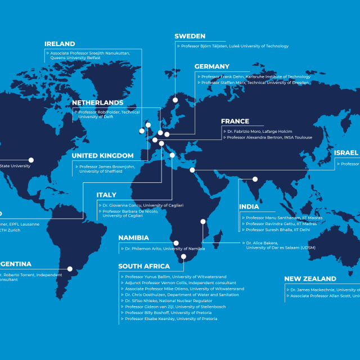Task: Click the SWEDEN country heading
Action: point(190,37)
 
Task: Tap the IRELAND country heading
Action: point(60,44)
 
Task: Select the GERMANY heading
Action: point(212,67)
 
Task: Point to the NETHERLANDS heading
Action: point(97,103)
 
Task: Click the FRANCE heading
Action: point(235,121)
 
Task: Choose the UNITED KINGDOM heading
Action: point(102,156)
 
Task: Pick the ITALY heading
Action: point(106,195)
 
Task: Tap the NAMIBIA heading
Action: point(133,238)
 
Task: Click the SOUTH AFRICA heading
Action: point(143,267)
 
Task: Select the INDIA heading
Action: point(249,207)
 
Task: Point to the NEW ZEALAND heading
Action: point(310,279)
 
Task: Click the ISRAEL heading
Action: point(346,153)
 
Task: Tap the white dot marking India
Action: point(255,179)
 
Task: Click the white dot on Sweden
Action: point(175,100)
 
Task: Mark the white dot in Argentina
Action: point(70,269)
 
